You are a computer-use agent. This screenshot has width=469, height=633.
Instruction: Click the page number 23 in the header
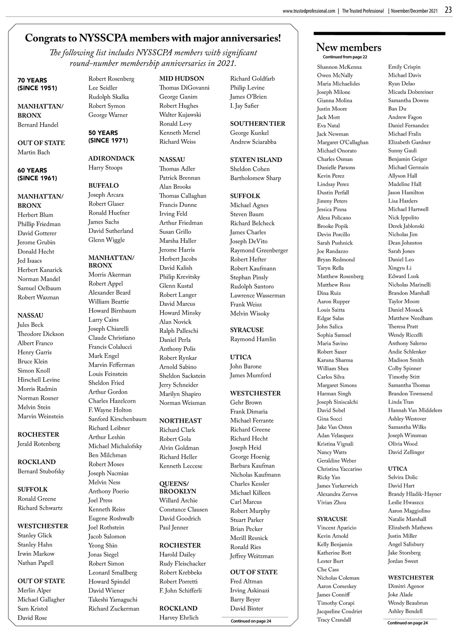448,10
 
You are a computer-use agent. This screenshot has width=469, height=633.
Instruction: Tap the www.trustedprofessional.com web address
309,11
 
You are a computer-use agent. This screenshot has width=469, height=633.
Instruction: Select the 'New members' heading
348,47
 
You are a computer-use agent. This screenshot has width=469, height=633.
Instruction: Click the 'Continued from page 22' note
345,57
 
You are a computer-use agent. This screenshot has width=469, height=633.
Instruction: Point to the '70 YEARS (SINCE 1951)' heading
37,84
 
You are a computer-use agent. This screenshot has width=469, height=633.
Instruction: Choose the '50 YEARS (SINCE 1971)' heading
108,136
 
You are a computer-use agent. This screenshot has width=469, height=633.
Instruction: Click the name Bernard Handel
38,125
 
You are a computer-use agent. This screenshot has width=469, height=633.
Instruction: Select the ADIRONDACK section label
111,158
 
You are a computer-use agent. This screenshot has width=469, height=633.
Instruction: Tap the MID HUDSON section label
181,79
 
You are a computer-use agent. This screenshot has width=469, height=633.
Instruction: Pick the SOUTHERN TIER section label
258,124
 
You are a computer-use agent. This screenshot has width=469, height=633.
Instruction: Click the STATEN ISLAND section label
256,160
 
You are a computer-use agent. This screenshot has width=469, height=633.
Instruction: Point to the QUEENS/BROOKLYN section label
177,487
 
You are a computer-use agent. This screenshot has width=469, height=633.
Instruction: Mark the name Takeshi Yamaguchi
113,599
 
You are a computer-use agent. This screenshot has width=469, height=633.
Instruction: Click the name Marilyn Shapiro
180,394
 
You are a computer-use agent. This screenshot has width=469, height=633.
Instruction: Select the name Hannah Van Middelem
415,410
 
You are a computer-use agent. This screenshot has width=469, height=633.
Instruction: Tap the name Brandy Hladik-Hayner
414,494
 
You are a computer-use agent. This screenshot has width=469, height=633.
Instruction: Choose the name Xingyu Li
399,268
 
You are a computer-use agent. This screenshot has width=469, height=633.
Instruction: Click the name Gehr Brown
246,402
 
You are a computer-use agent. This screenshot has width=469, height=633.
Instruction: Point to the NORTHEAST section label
180,421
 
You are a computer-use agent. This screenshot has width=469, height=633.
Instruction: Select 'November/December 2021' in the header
414,11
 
